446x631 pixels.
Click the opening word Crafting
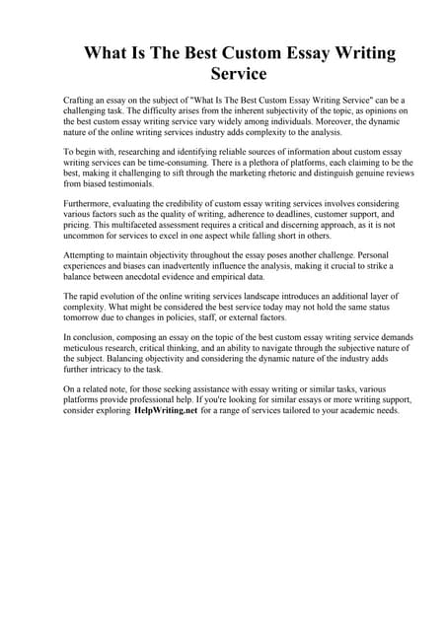(x=80, y=102)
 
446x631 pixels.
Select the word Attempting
(x=88, y=253)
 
